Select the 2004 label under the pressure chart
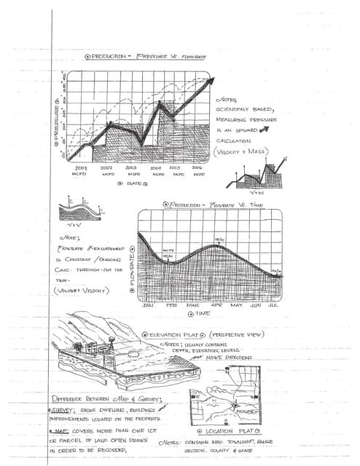click(x=157, y=167)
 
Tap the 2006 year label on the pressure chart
click(x=197, y=167)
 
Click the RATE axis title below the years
click(x=134, y=184)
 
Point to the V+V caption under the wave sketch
click(x=79, y=226)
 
